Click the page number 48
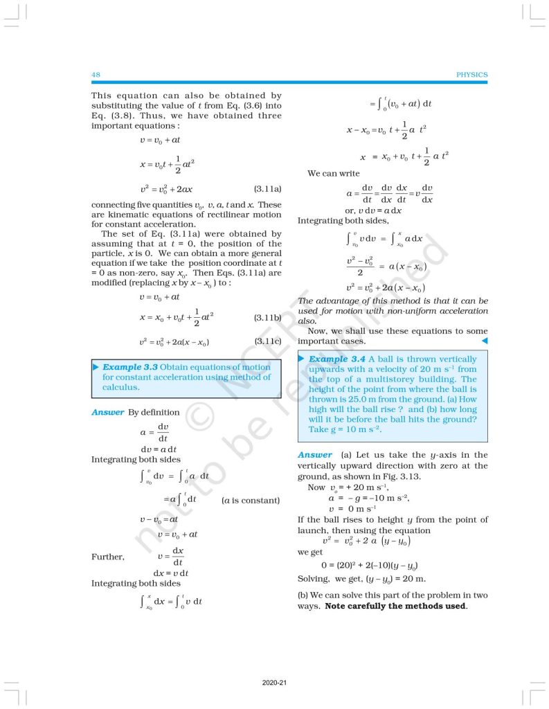point(96,74)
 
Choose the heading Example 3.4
point(337,359)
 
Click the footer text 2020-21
point(275,683)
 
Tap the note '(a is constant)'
point(251,500)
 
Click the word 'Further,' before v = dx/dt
point(108,557)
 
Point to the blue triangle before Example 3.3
point(96,367)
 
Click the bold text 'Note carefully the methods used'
point(395,607)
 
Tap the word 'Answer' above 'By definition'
point(107,413)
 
